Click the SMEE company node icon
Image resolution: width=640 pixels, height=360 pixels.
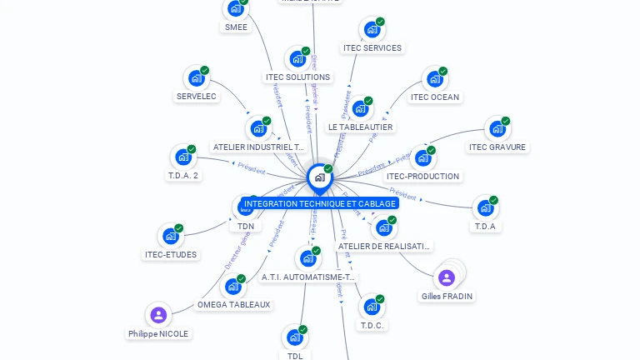pos(235,9)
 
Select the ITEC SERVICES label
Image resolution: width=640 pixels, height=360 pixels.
pos(372,48)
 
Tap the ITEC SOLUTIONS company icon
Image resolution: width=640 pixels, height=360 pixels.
pos(297,58)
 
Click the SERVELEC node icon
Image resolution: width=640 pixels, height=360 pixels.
pos(196,78)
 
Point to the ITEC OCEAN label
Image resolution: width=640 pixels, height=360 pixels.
pos(435,97)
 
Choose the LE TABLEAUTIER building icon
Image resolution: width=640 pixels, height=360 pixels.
pos(360,108)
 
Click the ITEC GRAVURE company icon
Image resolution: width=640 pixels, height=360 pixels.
pos(497,128)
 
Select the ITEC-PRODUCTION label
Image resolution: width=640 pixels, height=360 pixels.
pos(423,177)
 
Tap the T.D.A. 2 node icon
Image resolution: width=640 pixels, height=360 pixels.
pos(182,157)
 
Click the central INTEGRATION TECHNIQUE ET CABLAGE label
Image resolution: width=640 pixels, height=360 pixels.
pos(320,203)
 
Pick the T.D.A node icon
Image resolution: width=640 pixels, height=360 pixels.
pos(485,207)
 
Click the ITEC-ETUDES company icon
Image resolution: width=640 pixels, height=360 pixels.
pos(170,236)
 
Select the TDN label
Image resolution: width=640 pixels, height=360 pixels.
pos(246,226)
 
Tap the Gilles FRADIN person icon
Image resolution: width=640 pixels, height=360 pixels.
pos(447,277)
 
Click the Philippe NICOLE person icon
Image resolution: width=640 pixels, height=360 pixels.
pos(158,315)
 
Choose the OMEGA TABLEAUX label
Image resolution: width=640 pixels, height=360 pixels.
pos(234,305)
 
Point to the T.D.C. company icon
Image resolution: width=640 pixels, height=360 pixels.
pos(372,307)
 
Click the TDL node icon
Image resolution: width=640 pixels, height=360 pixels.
pos(294,337)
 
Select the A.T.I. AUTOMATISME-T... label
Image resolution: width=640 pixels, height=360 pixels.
pos(308,277)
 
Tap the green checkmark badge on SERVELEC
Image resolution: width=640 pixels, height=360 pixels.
pos(204,71)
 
